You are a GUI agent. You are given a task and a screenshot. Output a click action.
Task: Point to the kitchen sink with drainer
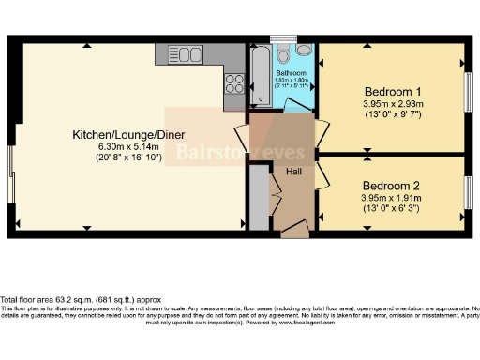coord(232,57)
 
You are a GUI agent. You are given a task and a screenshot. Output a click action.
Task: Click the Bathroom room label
coord(292,72)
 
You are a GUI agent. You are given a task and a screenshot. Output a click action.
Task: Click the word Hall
coord(292,171)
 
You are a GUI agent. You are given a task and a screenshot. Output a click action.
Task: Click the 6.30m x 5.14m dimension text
coord(125,148)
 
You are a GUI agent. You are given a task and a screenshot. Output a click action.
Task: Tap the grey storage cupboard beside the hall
coord(259,195)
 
